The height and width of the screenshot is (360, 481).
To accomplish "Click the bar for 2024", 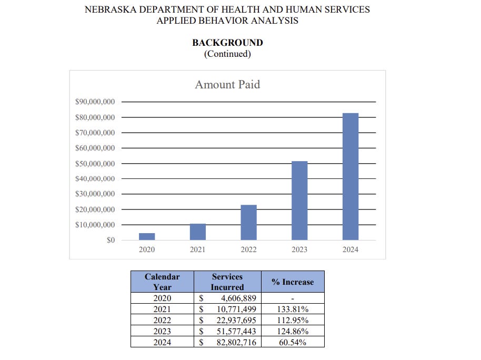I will pos(350,176).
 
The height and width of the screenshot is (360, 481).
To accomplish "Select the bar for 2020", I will pos(147,236).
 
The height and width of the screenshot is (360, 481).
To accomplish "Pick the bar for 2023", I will pos(299,201).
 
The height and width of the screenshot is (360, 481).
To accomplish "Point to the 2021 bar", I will pos(198,232).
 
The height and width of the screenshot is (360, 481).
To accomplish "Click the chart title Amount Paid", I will pos(227,84).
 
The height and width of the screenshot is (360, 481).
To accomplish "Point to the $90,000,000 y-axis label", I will pos(95,102).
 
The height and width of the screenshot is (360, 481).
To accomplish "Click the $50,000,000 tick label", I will pos(95,164).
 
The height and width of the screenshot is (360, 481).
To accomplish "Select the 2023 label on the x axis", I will pos(299,249).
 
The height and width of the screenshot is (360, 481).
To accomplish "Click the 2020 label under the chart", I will pos(147,249).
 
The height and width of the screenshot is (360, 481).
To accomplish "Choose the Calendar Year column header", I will pos(162,282).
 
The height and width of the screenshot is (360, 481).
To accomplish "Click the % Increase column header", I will pos(293,282).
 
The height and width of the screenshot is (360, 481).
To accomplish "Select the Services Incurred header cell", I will pos(227,282).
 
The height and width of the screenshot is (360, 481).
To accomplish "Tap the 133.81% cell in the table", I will pos(293,309).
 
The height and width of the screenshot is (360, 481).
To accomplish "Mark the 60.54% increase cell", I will pos(293,343).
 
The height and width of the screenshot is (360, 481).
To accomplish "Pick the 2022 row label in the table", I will pos(162,321).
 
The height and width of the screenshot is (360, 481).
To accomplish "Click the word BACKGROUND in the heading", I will pos(227,43).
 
